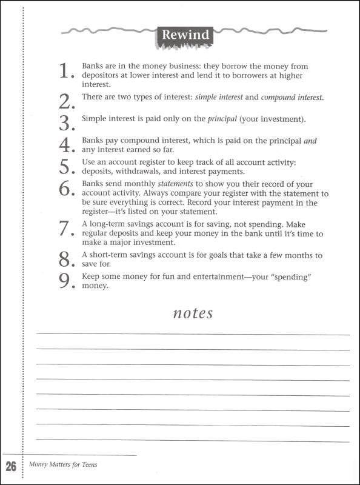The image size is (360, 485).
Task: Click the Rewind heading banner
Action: click(185, 35)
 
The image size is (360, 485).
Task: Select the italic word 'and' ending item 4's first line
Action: click(310, 141)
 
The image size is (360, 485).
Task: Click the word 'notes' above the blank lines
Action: click(193, 313)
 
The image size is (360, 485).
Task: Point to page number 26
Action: click(11, 467)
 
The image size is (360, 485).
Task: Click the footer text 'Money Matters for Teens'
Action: click(63, 465)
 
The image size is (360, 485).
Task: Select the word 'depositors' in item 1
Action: click(102, 76)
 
